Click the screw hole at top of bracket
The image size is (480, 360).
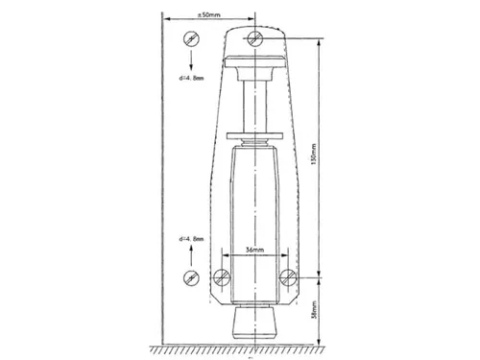coord(254,37)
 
